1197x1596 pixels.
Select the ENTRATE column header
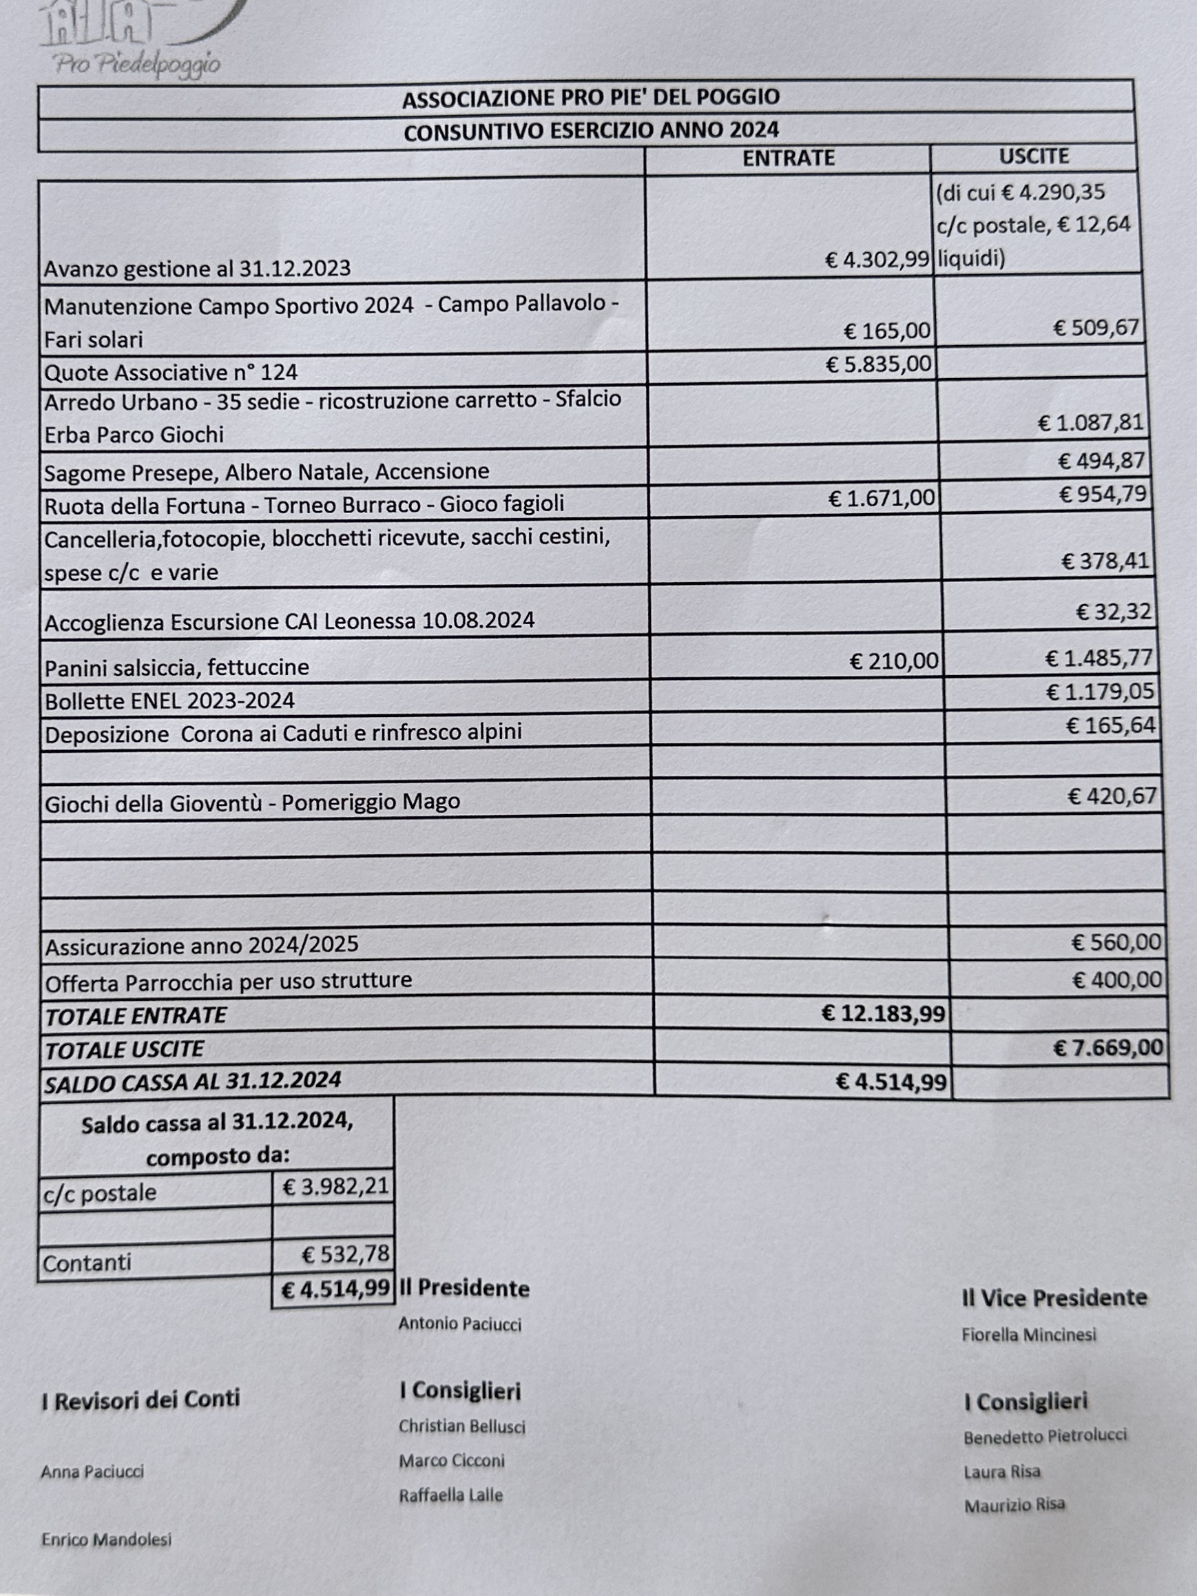click(788, 158)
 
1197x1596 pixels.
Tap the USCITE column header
click(1033, 156)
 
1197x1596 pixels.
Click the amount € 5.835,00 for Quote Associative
click(878, 364)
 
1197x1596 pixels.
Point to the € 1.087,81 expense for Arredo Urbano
click(1090, 422)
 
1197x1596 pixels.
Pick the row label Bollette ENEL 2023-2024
click(169, 701)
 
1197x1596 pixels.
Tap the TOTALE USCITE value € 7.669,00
click(1107, 1047)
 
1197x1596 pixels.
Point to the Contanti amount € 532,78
click(345, 1254)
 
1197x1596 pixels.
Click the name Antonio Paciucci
click(459, 1324)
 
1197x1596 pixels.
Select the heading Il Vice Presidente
click(1054, 1298)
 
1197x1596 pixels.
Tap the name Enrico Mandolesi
click(106, 1540)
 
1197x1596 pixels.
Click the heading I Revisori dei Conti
click(140, 1400)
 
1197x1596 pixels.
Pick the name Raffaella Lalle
click(450, 1495)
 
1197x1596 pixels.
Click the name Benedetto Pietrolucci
click(1044, 1436)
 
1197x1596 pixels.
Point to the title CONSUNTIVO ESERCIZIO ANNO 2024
click(591, 132)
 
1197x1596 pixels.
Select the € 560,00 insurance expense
click(1116, 942)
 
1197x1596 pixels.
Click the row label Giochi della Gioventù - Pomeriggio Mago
click(252, 802)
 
